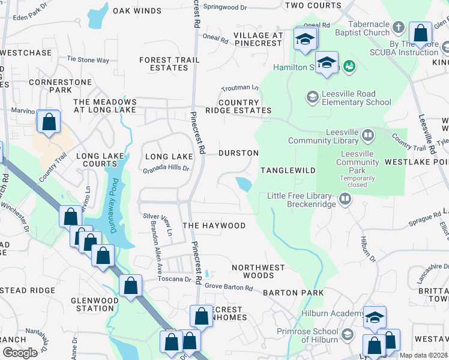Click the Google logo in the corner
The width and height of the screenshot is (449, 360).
point(20,353)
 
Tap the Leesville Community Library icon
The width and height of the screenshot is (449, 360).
point(368,136)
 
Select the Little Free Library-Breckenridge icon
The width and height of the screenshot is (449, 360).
point(345,198)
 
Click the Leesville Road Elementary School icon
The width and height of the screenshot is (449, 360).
point(312,97)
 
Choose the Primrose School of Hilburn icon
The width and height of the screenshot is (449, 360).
point(347,334)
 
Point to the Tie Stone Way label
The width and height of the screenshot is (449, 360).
point(88,60)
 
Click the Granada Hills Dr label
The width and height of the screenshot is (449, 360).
point(166,169)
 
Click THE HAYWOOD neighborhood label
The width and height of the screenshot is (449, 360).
point(214,226)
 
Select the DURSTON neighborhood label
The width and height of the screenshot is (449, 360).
point(238,153)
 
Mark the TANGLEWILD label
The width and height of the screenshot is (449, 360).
point(288,170)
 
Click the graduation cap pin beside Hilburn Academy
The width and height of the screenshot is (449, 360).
point(375,317)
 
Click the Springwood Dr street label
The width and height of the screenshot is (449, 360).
point(224,7)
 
